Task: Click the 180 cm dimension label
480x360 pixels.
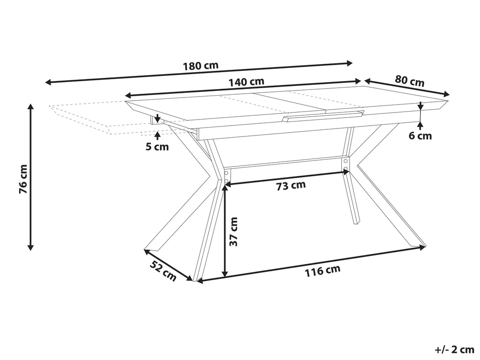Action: point(200,66)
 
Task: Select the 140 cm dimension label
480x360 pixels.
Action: point(246,82)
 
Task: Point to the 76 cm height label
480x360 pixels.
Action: point(22,179)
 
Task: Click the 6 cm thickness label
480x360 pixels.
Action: point(420,136)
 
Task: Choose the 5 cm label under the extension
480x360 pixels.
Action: point(157,147)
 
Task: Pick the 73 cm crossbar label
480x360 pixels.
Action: point(291,185)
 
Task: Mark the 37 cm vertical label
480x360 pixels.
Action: point(233,232)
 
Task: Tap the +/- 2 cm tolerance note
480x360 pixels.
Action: point(454,350)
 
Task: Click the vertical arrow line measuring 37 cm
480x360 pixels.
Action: point(225,230)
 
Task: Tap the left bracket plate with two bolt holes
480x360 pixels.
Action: point(227,176)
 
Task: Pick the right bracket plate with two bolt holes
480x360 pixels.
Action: point(345,164)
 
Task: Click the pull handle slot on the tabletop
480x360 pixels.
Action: point(323,116)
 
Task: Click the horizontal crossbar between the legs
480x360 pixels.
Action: point(286,164)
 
